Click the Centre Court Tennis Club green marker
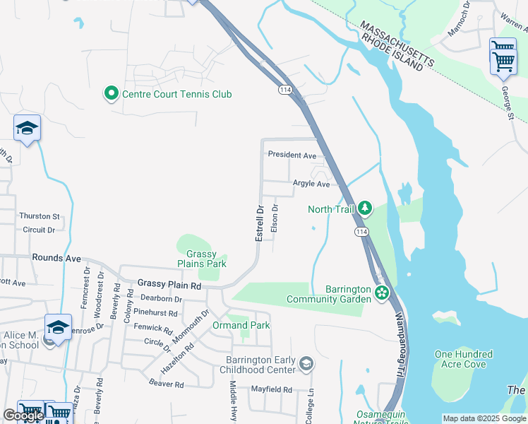click(x=111, y=94)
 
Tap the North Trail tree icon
click(x=365, y=208)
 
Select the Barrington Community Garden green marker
click(x=382, y=292)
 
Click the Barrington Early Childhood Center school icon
click(x=306, y=364)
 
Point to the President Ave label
click(x=292, y=155)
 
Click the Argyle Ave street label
click(x=311, y=184)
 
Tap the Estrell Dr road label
click(x=259, y=222)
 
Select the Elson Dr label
click(x=275, y=218)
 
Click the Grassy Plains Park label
click(x=206, y=259)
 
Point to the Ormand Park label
click(x=241, y=326)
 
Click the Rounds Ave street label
click(x=56, y=259)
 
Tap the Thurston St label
click(x=40, y=216)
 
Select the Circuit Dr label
click(x=39, y=230)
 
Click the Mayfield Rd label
click(x=272, y=389)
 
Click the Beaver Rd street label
click(x=167, y=384)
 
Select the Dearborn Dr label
click(x=163, y=299)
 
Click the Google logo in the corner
click(x=23, y=416)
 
